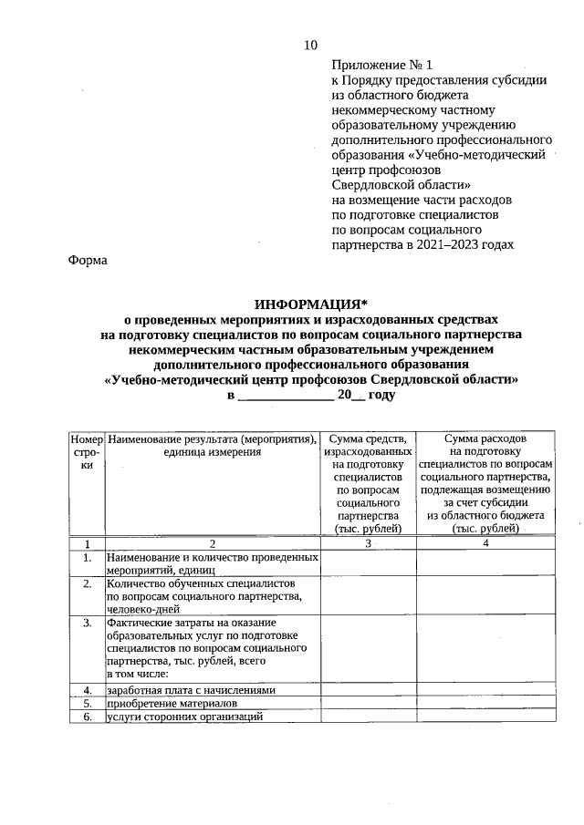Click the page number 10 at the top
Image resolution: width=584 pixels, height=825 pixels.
(x=310, y=46)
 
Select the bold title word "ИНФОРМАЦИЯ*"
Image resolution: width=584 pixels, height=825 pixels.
(x=310, y=304)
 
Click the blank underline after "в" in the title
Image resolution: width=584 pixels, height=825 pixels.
(x=286, y=396)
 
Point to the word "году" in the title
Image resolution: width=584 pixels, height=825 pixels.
(x=381, y=395)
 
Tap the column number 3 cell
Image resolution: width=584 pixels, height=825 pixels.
(x=368, y=543)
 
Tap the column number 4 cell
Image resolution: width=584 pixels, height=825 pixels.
(x=485, y=543)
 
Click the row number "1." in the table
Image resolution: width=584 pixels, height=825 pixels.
(x=87, y=556)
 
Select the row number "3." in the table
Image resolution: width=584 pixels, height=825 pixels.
(x=87, y=624)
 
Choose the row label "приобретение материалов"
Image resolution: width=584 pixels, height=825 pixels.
(x=172, y=704)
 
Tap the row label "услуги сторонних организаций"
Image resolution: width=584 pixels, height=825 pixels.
(x=184, y=717)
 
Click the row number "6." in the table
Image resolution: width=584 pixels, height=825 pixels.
(x=87, y=717)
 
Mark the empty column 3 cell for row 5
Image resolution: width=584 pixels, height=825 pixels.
(x=368, y=704)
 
